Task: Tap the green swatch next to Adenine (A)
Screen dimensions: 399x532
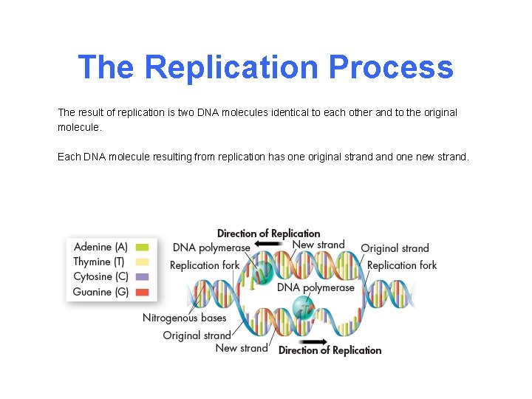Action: (143, 247)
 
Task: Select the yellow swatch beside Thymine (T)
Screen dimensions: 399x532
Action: (143, 262)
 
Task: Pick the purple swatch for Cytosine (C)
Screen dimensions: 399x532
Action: (143, 276)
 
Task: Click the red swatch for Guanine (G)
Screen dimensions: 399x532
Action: (143, 292)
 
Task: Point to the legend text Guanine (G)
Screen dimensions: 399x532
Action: (100, 292)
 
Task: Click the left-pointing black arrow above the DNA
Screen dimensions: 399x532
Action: (262, 245)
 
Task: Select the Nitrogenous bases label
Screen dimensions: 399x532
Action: (184, 318)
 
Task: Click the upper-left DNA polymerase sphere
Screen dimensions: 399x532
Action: (260, 274)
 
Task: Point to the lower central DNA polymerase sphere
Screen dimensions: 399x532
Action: (304, 306)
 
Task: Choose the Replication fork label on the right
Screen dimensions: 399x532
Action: (402, 265)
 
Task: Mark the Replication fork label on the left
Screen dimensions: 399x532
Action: (205, 265)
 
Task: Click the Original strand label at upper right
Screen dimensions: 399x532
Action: (395, 248)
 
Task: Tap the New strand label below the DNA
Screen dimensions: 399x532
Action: (242, 348)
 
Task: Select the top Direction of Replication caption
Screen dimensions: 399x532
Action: (268, 233)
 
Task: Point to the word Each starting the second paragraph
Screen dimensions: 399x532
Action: (69, 157)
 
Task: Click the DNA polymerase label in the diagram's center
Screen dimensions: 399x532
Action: (316, 287)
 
